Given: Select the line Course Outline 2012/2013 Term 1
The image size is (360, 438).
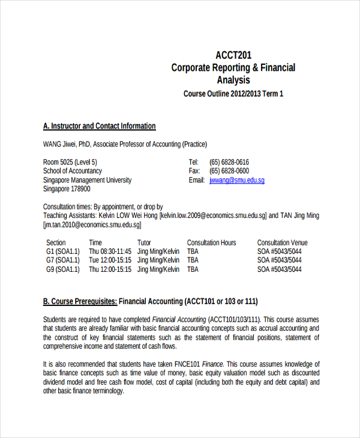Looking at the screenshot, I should click(233, 94).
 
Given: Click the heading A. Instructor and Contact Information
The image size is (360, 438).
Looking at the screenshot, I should click(100, 126).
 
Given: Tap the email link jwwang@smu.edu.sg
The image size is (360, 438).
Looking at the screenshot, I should click(237, 180).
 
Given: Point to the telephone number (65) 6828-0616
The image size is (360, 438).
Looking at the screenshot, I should click(229, 162).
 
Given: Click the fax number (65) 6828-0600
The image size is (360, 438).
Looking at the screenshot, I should click(229, 171).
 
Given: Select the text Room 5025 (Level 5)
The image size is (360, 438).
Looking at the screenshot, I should click(70, 162).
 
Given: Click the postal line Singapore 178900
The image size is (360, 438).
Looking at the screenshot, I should click(67, 189).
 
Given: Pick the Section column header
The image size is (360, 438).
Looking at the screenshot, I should click(56, 242).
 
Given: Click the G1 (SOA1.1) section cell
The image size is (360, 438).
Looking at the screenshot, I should click(63, 251).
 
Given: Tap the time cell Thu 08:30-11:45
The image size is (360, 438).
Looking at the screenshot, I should click(110, 251).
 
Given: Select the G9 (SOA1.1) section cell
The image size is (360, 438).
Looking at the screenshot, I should click(63, 269).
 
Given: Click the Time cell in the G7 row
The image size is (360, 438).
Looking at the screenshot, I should click(110, 260).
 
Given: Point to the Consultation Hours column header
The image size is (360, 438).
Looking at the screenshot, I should click(212, 242).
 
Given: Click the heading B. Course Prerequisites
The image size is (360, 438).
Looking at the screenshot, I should click(80, 301).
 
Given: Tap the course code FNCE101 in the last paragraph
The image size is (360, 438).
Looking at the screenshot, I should click(188, 364).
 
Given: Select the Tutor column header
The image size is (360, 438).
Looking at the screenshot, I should click(144, 242).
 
